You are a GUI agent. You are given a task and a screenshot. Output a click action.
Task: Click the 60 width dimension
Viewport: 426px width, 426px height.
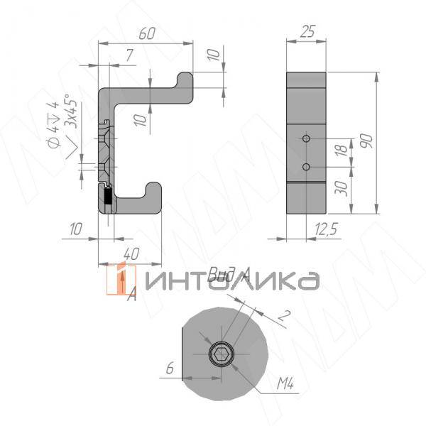[147, 33]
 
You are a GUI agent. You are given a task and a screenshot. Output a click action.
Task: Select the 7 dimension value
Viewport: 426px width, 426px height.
[129, 55]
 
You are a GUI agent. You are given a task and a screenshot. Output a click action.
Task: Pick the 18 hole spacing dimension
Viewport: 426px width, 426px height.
[341, 151]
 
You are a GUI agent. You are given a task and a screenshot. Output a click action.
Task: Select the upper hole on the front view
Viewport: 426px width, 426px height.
[306, 138]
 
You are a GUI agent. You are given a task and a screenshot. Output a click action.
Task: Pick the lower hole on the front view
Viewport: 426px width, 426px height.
[306, 167]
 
